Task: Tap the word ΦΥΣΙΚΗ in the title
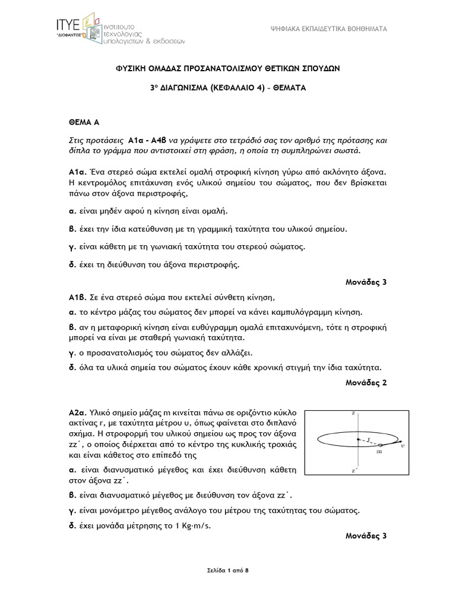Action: click(x=132, y=68)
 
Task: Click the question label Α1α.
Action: click(x=78, y=171)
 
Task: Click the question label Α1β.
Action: click(x=78, y=297)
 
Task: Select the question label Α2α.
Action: click(x=78, y=411)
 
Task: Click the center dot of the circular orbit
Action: click(x=358, y=439)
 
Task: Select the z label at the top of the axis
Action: click(x=353, y=412)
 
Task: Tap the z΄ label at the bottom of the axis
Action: click(x=354, y=470)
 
